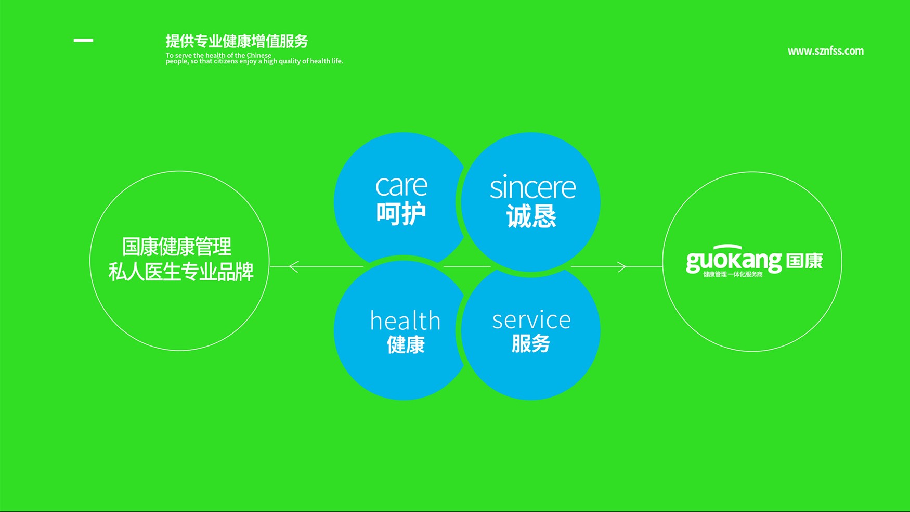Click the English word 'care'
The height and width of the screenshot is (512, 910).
pos(401,186)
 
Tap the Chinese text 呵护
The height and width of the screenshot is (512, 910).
pos(401,213)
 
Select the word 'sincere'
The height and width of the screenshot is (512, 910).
pos(532,187)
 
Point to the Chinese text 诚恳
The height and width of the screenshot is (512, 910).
pos(531,216)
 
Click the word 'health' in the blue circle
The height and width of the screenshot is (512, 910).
pos(405,320)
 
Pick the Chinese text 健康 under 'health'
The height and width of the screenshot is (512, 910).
pos(406,344)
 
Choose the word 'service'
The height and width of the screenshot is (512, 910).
pos(531,320)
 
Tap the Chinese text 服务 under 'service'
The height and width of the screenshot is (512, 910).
pos(531,343)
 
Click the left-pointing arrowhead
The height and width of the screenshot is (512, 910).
pos(294,266)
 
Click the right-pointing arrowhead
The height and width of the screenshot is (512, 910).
pos(621,266)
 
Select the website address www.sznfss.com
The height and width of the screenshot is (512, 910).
pos(825,51)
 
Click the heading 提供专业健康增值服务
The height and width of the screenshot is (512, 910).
pos(237,41)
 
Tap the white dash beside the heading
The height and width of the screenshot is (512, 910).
pos(83,40)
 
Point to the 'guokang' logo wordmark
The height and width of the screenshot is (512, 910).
pos(734,261)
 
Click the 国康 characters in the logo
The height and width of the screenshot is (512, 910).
pos(804,261)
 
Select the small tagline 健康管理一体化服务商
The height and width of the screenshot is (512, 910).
pos(733,274)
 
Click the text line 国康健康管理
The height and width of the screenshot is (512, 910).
pos(177,247)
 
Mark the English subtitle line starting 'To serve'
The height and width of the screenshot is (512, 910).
pos(218,55)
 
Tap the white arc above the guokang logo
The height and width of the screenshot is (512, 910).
pos(727,246)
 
